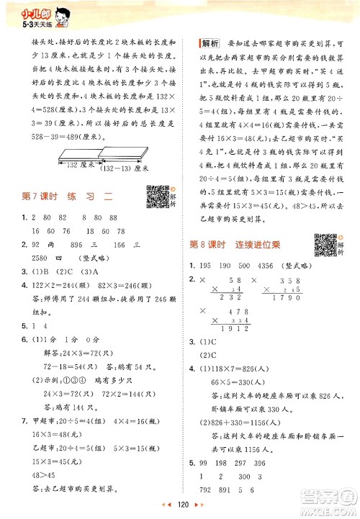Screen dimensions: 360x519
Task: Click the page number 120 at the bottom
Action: pyautogui.click(x=181, y=506)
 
